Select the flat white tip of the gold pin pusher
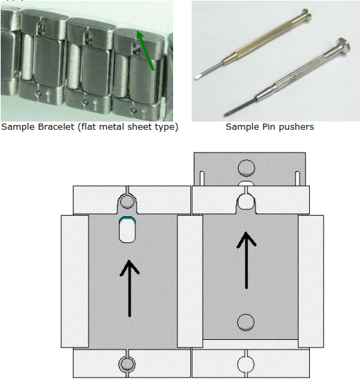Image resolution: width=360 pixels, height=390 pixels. (199, 78)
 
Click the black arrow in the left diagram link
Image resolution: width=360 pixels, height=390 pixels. (129, 288)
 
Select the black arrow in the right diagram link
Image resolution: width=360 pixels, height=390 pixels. (247, 260)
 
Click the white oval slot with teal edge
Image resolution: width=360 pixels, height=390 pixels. (127, 229)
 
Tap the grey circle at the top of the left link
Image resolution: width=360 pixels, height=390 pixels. (127, 201)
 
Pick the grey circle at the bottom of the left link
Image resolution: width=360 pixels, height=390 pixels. (127, 364)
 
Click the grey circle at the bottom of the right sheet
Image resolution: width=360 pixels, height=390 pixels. (246, 322)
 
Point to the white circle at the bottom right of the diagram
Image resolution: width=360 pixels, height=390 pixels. (246, 365)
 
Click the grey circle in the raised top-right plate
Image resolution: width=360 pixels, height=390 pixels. (247, 168)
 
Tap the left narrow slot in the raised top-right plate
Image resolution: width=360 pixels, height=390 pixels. (202, 179)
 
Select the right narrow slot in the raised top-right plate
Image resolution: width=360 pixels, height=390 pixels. (297, 179)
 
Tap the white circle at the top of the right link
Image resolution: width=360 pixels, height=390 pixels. (246, 201)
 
